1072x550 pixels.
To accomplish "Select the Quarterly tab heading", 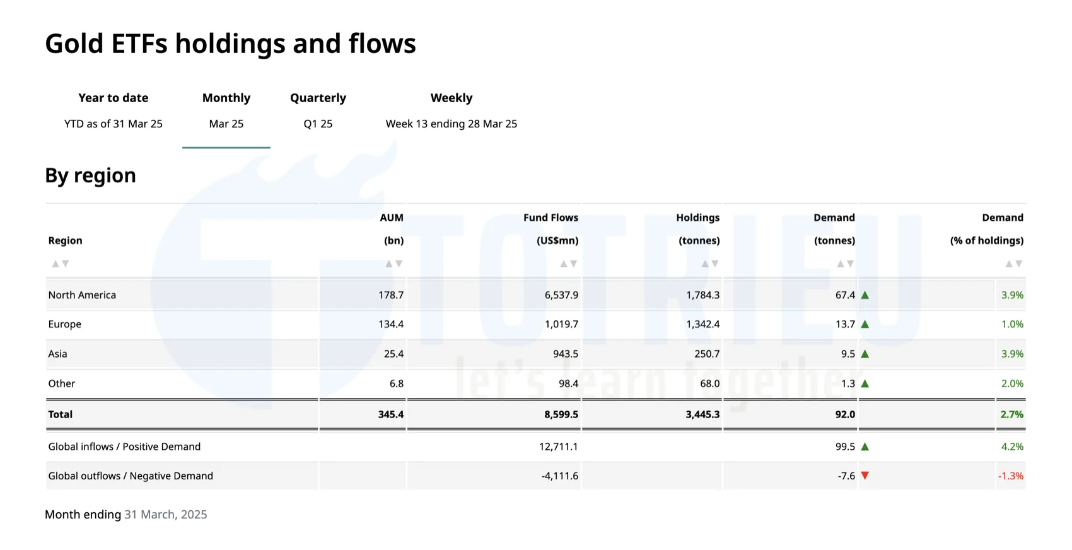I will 318,98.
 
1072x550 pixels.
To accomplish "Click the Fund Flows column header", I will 551,218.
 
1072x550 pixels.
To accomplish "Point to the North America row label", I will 82,295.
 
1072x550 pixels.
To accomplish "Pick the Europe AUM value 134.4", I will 391,324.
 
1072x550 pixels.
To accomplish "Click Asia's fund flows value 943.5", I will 565,354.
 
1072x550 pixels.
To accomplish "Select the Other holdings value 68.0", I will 709,383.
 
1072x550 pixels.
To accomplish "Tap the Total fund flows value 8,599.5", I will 561,414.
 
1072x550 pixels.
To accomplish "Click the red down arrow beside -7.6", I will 865,476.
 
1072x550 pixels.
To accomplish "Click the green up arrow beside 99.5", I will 865,447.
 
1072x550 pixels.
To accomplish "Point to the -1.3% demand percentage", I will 1010,476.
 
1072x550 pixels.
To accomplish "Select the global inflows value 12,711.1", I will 558,447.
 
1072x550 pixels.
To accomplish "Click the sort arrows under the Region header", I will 61,264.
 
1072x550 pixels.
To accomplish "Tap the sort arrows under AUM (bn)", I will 393,264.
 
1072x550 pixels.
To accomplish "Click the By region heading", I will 90,175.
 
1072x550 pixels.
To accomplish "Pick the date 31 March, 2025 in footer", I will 166,515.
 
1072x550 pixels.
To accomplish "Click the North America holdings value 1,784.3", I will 702,295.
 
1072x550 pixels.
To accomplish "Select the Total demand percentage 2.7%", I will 1011,414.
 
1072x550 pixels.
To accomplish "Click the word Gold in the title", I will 74,44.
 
